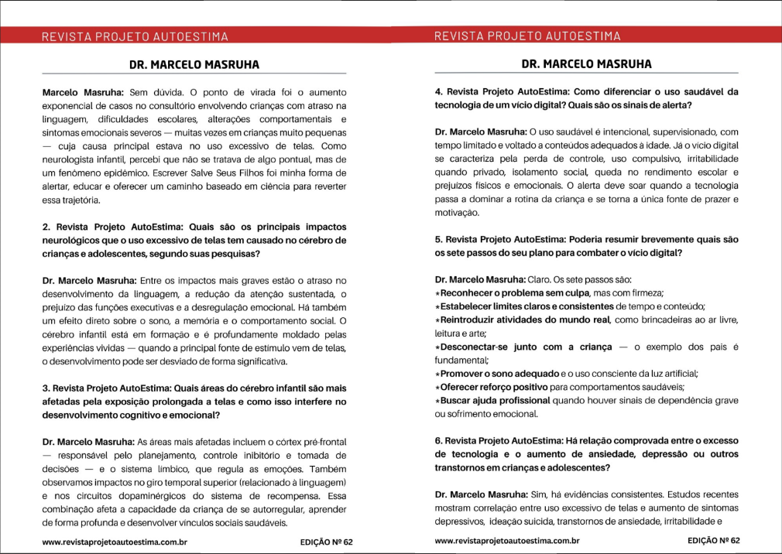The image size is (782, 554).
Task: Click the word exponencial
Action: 69,105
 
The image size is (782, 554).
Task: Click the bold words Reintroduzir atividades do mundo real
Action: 526,320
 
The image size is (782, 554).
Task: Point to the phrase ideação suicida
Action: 505,522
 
